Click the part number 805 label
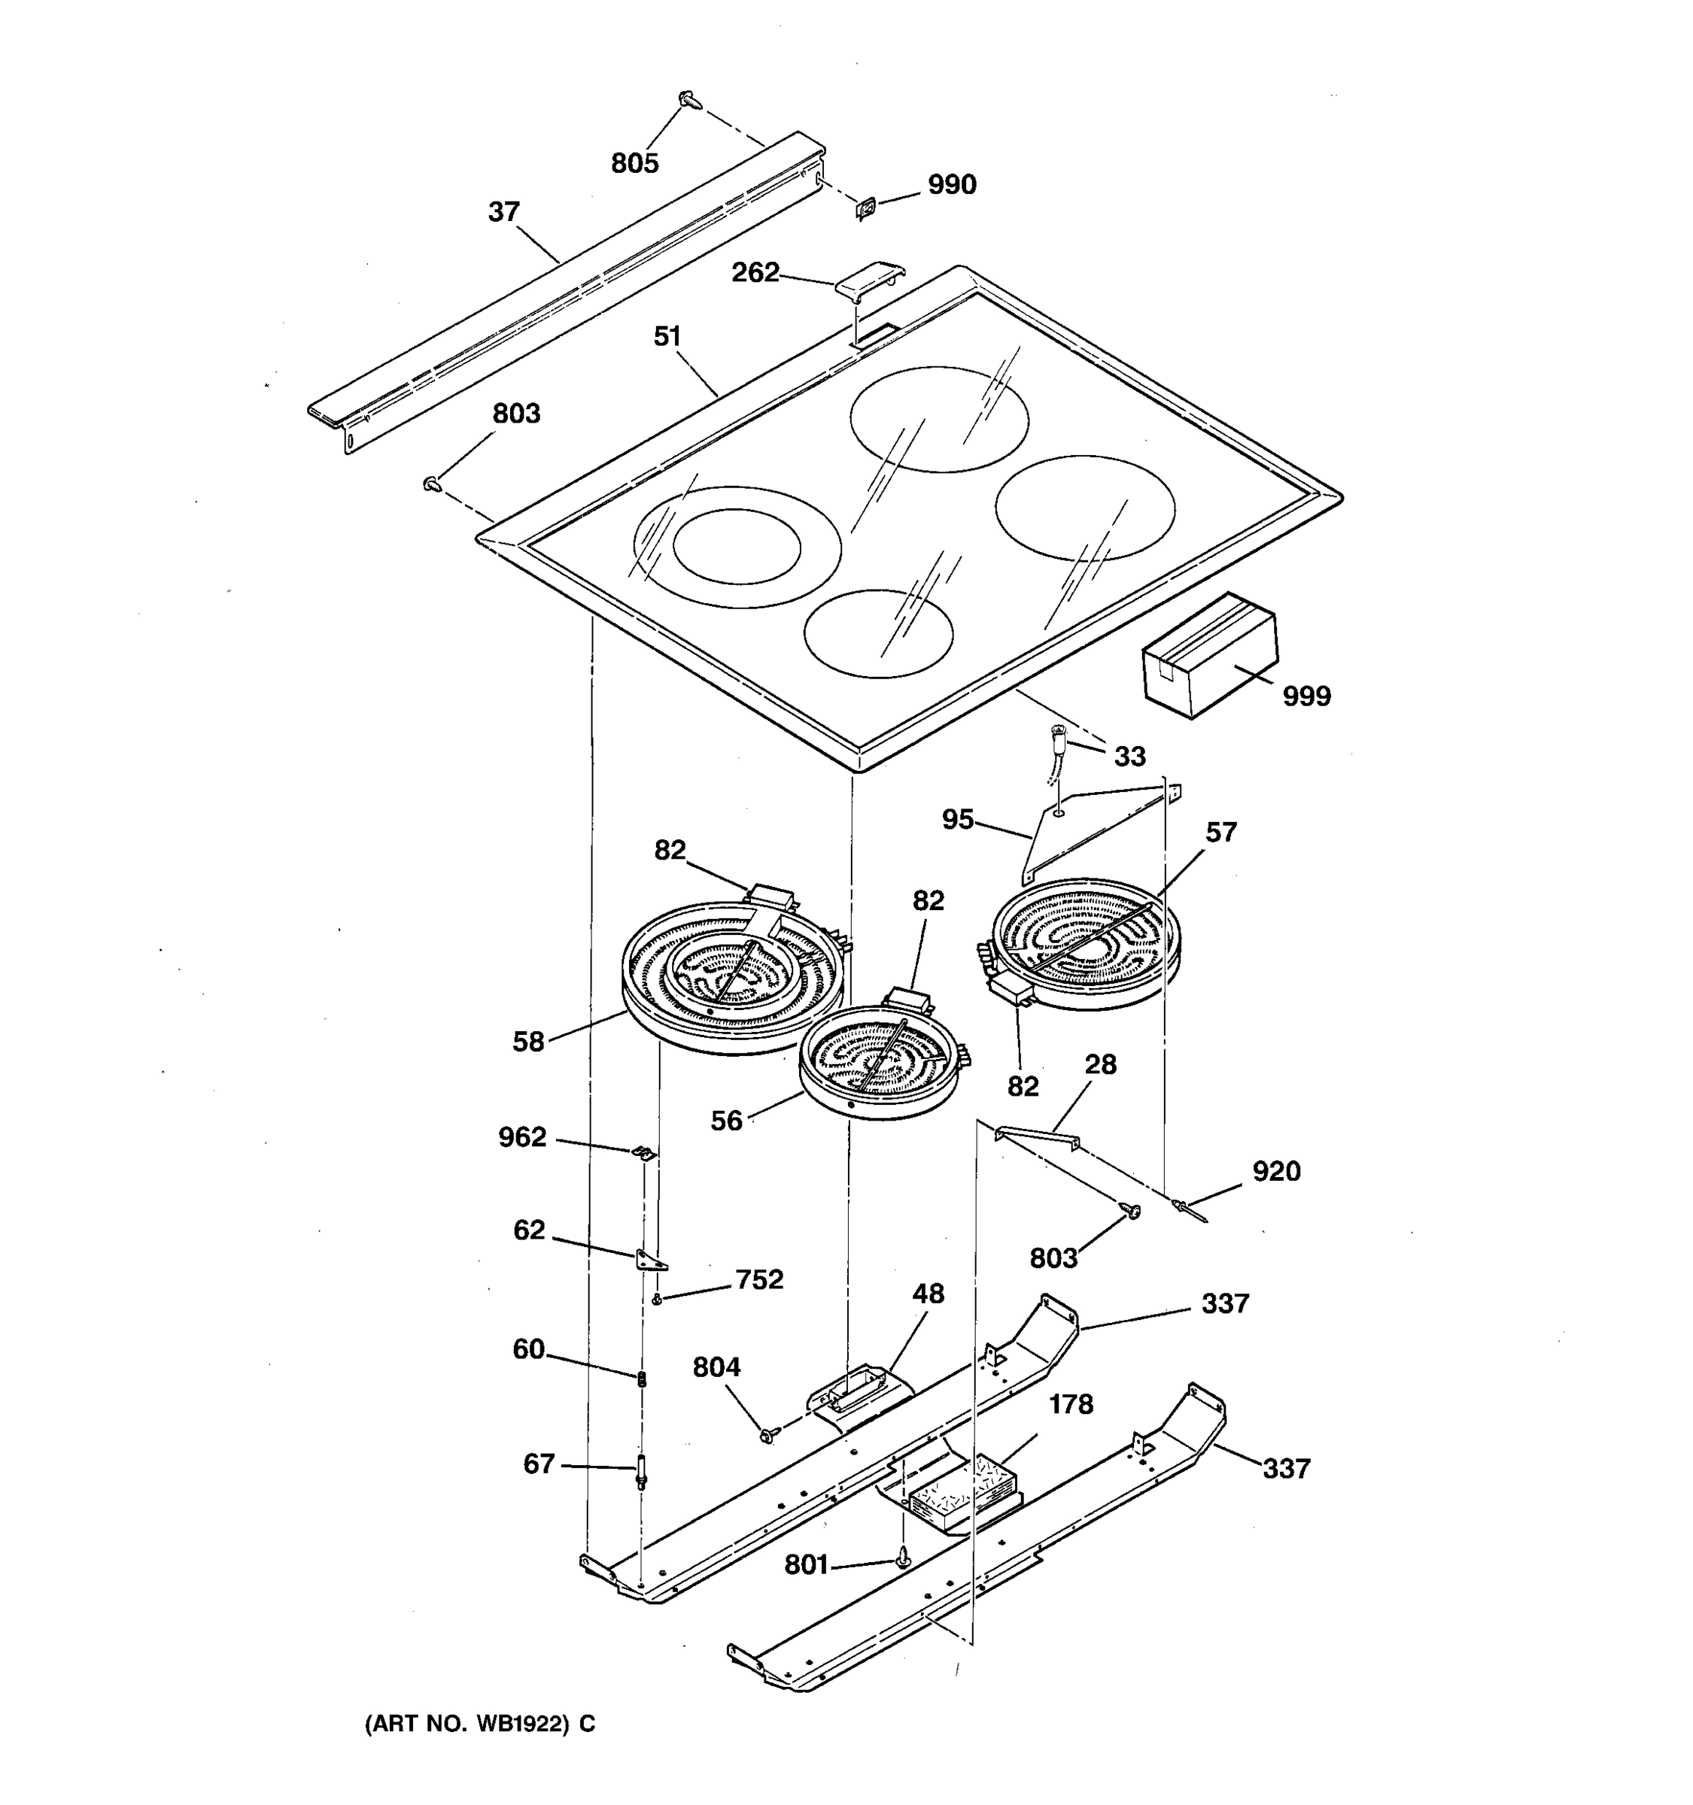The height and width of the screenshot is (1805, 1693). tap(634, 163)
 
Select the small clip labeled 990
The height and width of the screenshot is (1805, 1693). tap(867, 210)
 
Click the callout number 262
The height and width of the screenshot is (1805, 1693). tap(755, 272)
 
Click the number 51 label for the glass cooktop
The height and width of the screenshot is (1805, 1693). tap(667, 337)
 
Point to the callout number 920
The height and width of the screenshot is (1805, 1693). tap(1276, 1171)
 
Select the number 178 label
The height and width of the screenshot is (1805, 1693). tap(1071, 1405)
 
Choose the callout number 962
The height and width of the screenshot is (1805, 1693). tap(522, 1136)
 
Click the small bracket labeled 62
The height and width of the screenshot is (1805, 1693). tap(650, 1259)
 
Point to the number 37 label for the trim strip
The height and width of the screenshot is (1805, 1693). tap(504, 211)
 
